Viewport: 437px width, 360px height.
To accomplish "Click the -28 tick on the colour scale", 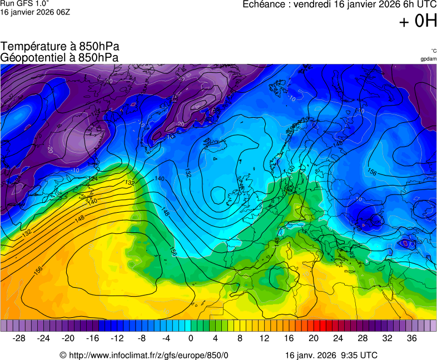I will [19, 338].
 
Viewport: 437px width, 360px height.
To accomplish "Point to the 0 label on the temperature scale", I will [191, 338].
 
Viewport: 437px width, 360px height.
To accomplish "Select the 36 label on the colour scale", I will [411, 338].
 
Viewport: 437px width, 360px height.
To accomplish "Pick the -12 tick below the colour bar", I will [117, 338].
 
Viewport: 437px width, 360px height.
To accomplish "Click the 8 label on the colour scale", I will [240, 338].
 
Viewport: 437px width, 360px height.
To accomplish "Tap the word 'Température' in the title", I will [32, 47].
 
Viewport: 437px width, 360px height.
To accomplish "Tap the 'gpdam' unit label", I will [428, 59].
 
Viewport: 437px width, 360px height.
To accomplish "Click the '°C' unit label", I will [433, 51].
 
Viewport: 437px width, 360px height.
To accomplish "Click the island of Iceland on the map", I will [213, 145].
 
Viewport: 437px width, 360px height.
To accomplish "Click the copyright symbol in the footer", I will [63, 355].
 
